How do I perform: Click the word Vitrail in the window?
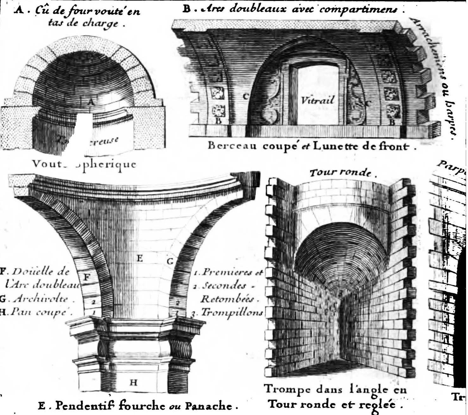click(317, 101)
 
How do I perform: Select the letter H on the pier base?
click(134, 383)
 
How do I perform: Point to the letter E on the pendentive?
click(139, 259)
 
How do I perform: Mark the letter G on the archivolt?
click(170, 262)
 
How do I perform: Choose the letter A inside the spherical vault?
click(91, 102)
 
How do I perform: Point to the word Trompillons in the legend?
click(232, 313)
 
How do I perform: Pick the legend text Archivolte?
click(41, 299)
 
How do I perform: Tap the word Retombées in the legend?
click(230, 299)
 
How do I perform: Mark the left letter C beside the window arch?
click(245, 97)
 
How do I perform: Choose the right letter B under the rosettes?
click(392, 122)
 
